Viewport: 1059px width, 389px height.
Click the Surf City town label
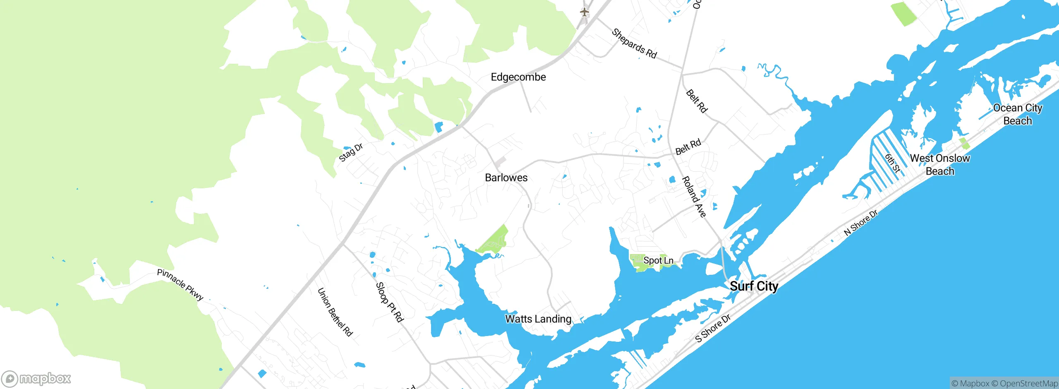coord(754,286)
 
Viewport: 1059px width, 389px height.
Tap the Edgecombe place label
coord(518,77)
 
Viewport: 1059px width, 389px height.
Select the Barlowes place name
coord(506,178)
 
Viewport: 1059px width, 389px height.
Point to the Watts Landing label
coord(538,319)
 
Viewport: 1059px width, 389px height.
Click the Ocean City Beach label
coord(1018,114)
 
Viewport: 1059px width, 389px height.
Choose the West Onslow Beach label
coord(940,164)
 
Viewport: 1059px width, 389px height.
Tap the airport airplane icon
coord(584,12)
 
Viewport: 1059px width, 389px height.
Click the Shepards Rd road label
coord(634,43)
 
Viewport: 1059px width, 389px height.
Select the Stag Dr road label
coord(351,152)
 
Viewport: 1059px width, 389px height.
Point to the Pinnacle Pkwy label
coord(180,285)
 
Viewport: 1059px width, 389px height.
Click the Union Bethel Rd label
coord(335,312)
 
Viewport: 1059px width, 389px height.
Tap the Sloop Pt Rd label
coord(389,302)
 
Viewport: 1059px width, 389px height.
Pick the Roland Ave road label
coord(694,197)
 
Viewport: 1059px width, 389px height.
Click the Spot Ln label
coord(658,260)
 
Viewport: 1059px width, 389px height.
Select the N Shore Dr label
coord(860,223)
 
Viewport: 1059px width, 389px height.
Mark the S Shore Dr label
coord(713,328)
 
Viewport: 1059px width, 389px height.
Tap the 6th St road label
coord(893,163)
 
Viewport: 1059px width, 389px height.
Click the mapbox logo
coord(36,379)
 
